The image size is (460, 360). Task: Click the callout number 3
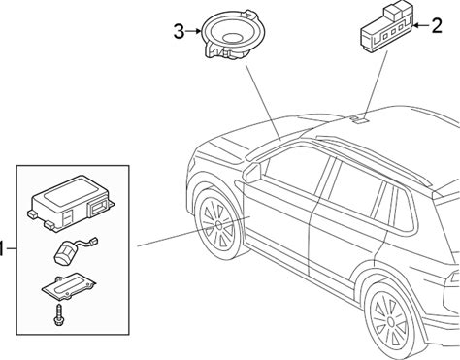pos(179,31)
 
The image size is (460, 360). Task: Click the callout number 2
pos(437,25)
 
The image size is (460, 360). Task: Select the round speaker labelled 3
pos(233,35)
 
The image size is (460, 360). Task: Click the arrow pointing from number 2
pos(421,25)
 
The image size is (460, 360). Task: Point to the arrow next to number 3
pos(193,31)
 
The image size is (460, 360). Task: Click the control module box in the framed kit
pos(71,203)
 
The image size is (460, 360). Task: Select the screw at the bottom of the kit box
pos(60,313)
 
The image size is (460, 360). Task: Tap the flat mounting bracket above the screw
pos(69,285)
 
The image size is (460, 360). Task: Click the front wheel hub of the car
pos(217,224)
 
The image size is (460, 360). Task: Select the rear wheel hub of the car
pos(390,321)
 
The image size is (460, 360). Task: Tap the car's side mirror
pos(251,172)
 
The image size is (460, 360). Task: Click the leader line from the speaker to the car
pos(263,101)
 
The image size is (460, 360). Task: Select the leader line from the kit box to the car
pos(193,232)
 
